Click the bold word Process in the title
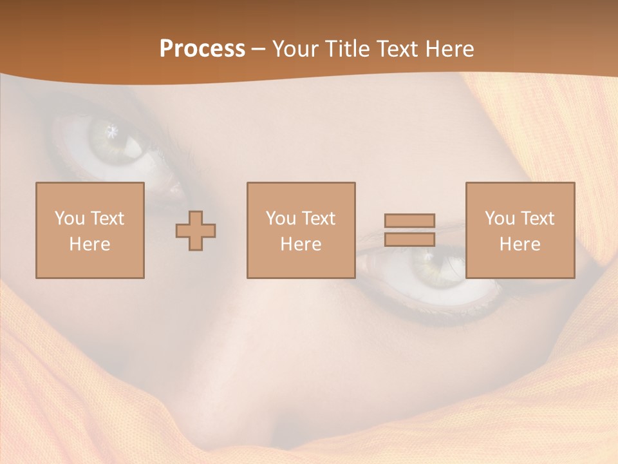202,49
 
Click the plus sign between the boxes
196,231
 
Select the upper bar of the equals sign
409,220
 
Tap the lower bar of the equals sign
409,240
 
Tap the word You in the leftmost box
70,218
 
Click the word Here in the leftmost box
89,244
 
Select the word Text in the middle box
318,218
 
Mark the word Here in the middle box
301,244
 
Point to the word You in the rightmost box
500,218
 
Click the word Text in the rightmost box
537,218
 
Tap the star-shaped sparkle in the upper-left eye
113,131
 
